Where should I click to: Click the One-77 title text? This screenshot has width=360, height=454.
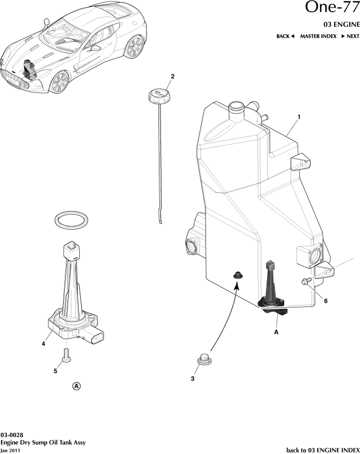[x=332, y=8]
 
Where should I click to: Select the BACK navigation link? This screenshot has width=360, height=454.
[x=286, y=36]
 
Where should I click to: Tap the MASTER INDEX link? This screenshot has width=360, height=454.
[x=318, y=36]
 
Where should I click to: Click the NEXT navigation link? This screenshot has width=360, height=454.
[x=350, y=36]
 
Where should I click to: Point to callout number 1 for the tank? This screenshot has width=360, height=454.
[x=298, y=117]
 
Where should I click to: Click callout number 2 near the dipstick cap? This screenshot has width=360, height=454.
[x=172, y=76]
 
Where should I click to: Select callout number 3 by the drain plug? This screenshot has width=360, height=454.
[x=192, y=379]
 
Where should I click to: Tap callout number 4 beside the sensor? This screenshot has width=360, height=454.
[x=44, y=344]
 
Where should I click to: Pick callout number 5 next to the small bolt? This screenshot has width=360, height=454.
[x=55, y=371]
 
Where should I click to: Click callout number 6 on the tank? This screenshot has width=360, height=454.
[x=326, y=301]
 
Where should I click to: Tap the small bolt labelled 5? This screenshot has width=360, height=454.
[x=66, y=357]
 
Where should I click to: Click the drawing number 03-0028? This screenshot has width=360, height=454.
[x=12, y=434]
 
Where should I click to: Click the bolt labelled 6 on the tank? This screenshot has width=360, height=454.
[x=306, y=281]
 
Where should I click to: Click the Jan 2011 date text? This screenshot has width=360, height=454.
[x=11, y=450]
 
